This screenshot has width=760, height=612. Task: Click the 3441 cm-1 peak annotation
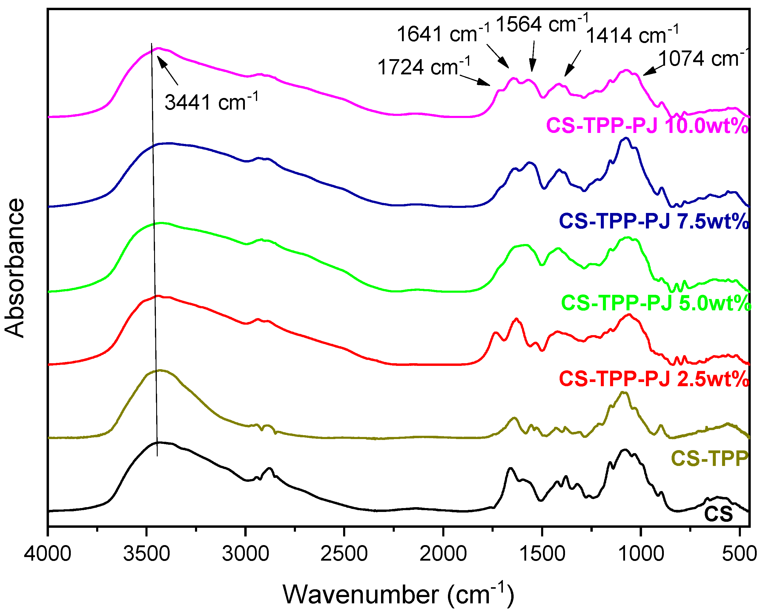pyautogui.click(x=211, y=102)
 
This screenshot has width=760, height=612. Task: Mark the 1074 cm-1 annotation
pyautogui.click(x=701, y=58)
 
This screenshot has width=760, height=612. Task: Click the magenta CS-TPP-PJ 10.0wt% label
pyautogui.click(x=647, y=126)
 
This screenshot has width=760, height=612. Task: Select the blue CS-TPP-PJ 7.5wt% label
pyautogui.click(x=654, y=221)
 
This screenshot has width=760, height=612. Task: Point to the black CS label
pyautogui.click(x=718, y=514)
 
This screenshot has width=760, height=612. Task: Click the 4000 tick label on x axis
pyautogui.click(x=47, y=553)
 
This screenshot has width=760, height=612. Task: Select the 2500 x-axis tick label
pyautogui.click(x=344, y=553)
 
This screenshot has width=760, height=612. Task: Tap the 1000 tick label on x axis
pyautogui.click(x=641, y=553)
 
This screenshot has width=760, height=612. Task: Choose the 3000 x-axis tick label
pyautogui.click(x=245, y=553)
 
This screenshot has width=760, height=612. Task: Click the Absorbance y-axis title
pyautogui.click(x=15, y=268)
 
